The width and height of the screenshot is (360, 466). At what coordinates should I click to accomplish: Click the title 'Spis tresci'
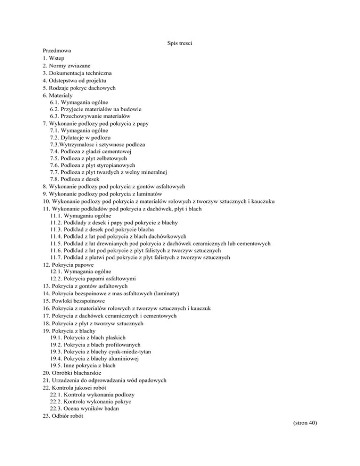(x=180, y=44)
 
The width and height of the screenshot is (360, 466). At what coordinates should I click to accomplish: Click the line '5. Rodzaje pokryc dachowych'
(x=79, y=88)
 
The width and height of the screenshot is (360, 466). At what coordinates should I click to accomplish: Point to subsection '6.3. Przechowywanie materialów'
(x=90, y=115)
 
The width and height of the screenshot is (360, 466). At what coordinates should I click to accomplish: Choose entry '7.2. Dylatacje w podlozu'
(x=80, y=138)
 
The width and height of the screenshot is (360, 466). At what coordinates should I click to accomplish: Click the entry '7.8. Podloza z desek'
(x=75, y=184)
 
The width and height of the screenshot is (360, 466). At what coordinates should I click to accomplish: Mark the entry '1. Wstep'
(x=53, y=58)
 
